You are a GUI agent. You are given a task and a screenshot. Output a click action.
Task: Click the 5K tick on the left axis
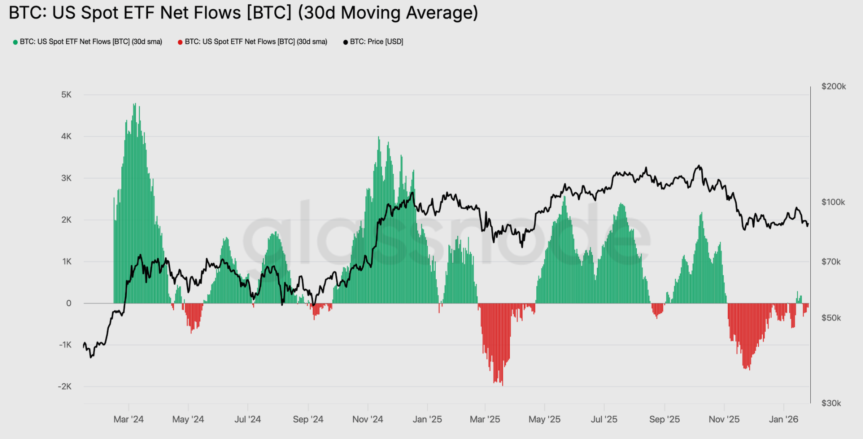[x=66, y=95]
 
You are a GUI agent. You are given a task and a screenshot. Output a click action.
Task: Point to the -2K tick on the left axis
[x=64, y=386]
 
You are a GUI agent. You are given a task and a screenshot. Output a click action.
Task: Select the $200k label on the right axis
[x=834, y=86]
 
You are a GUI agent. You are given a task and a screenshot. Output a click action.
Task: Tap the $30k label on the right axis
[x=831, y=403]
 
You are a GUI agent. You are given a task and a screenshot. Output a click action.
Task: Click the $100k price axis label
[x=833, y=202]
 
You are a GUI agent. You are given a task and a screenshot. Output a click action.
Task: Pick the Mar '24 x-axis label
[x=129, y=419]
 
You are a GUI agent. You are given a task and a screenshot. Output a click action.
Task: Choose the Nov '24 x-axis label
[x=367, y=419]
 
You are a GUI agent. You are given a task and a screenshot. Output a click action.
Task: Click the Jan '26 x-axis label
[x=783, y=419]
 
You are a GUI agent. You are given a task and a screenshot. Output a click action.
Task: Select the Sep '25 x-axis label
[x=664, y=419]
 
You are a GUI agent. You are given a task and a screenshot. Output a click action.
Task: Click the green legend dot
[x=15, y=42]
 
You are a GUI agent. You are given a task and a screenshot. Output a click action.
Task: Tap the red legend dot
[x=180, y=42]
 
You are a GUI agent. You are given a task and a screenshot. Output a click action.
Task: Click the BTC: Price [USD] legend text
[x=376, y=42]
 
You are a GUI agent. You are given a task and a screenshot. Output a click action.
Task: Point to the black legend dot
[x=346, y=42]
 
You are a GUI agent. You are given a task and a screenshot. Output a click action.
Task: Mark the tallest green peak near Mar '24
[x=134, y=104]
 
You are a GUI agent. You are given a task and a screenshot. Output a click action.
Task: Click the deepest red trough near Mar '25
[x=502, y=384]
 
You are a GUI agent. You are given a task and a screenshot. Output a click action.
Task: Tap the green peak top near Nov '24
[x=379, y=137]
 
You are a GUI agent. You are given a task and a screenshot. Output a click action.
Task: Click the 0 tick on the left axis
[x=69, y=303]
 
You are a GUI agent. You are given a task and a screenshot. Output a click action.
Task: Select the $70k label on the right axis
[x=831, y=262]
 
